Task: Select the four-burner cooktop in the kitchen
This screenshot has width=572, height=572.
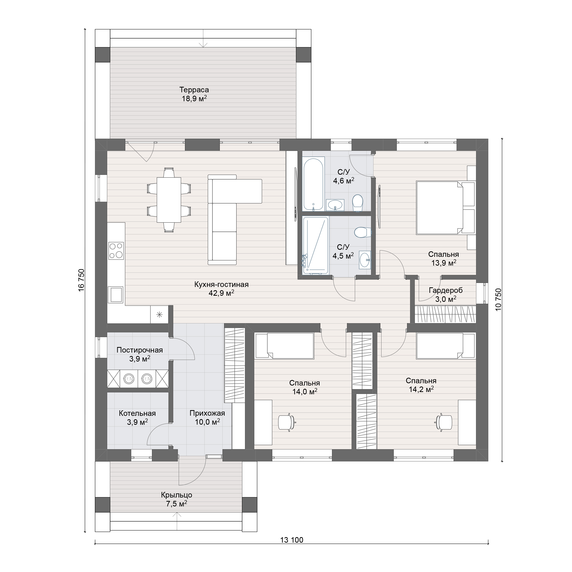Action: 116,251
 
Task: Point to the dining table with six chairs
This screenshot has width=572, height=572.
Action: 169,200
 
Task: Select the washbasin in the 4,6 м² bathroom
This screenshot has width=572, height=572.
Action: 335,205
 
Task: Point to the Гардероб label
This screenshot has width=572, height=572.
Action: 446,290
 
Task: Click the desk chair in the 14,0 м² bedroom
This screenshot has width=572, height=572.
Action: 287,422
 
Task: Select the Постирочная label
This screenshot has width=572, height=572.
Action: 140,350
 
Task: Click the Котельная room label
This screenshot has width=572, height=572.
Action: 137,413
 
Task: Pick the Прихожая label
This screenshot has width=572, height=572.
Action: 207,413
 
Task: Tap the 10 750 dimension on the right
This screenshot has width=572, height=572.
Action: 498,299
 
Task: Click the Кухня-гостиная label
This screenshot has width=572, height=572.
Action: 221,284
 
